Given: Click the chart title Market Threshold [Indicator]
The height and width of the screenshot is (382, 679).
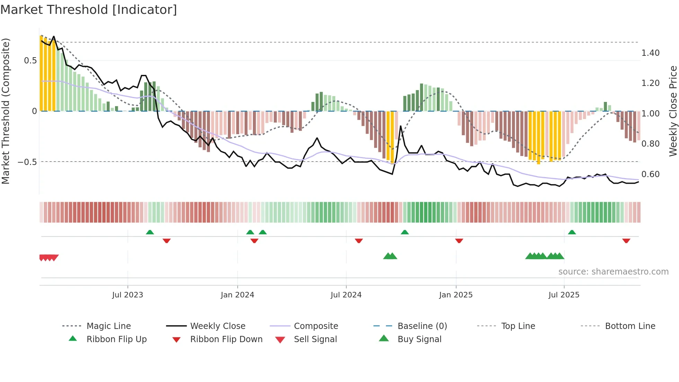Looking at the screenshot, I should (x=89, y=10).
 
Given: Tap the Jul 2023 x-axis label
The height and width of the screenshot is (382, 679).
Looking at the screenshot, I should (x=127, y=295).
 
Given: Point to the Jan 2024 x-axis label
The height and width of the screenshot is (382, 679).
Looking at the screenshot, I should (x=237, y=295).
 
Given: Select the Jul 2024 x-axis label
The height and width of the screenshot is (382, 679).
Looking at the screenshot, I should (x=346, y=295).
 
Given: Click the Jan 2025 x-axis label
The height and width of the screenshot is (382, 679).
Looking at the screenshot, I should (x=456, y=295).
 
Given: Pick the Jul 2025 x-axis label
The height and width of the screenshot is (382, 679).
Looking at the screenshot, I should (x=564, y=295).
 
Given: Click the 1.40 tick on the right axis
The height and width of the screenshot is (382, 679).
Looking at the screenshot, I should (x=650, y=53).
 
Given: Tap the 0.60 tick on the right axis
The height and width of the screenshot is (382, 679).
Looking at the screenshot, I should (x=650, y=174).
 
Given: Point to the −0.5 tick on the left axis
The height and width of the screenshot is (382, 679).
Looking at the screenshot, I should (x=27, y=162).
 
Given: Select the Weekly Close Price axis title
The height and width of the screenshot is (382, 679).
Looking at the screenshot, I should (x=673, y=111).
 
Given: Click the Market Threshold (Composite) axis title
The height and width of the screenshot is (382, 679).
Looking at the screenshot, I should (x=6, y=111).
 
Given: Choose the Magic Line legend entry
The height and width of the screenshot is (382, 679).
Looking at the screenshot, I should (x=108, y=326).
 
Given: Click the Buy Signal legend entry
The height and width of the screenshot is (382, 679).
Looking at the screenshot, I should (x=419, y=339).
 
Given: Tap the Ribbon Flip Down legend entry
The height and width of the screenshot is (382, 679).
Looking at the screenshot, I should (x=226, y=339).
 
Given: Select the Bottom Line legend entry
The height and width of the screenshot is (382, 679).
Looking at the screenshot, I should (x=630, y=326).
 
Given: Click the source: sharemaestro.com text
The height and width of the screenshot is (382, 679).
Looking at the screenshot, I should (x=613, y=272).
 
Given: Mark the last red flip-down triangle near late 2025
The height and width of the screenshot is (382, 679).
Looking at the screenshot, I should (x=626, y=241).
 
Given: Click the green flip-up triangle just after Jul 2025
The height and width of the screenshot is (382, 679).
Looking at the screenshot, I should (x=572, y=232).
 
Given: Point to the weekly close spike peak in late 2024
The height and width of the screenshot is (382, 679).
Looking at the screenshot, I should (x=401, y=127).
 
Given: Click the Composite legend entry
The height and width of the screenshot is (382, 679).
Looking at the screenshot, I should (x=316, y=326).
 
